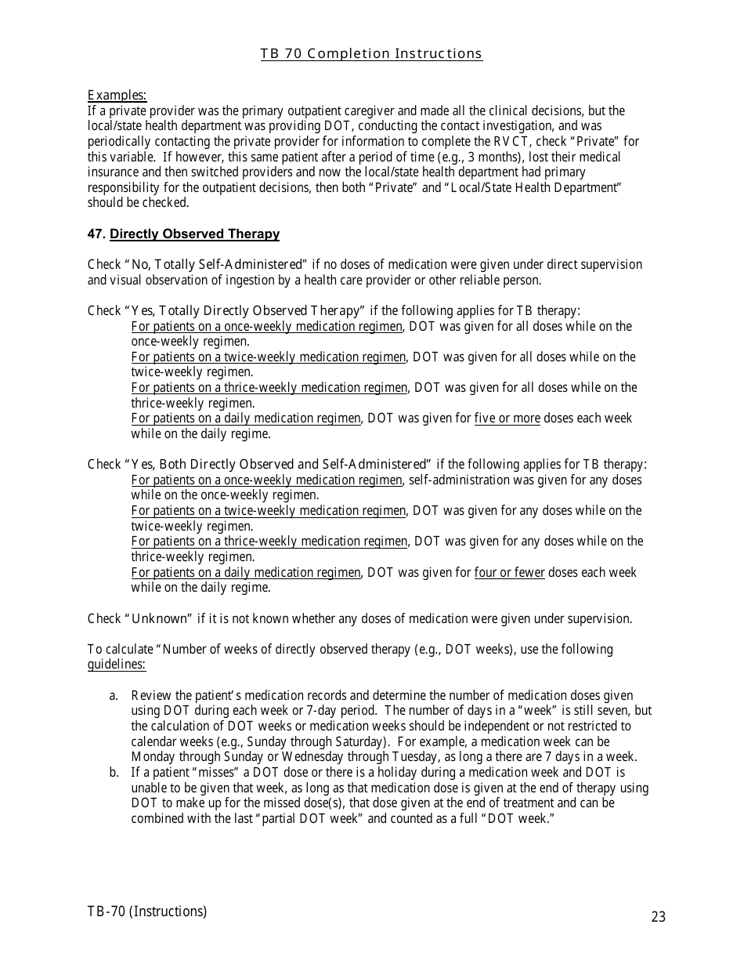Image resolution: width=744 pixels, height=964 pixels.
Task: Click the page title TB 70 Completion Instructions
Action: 371,53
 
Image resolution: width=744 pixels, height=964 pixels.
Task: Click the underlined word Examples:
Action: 117,96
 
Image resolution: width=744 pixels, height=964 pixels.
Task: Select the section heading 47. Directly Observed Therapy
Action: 183,234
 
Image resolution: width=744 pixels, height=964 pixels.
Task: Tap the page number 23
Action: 658,916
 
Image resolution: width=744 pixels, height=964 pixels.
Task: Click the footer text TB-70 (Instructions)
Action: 147,911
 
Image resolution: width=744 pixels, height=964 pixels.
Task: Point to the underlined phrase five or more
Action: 507,419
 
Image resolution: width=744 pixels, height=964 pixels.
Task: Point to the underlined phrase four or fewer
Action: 509,573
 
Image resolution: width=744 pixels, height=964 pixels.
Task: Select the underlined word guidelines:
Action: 117,665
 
